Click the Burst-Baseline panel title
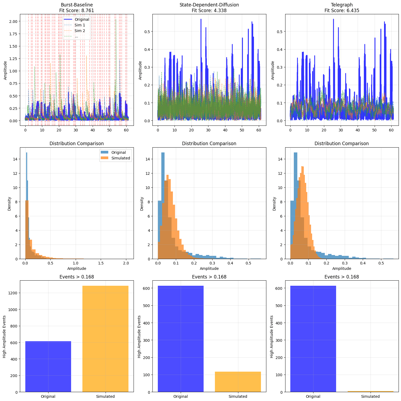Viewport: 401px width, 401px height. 77,5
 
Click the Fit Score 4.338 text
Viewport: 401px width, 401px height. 209,11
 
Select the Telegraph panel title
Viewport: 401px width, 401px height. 342,5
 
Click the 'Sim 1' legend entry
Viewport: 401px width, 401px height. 80,25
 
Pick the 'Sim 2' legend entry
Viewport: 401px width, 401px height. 80,31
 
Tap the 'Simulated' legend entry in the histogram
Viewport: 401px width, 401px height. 121,158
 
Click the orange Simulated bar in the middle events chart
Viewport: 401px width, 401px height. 238,382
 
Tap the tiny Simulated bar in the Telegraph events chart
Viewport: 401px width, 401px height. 370,391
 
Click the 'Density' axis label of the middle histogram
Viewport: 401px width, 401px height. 142,203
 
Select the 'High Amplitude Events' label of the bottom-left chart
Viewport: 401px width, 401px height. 5,336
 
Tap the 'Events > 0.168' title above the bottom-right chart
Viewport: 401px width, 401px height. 342,277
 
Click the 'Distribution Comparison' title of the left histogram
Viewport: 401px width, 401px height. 77,144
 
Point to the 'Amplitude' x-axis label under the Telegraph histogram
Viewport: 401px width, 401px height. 342,269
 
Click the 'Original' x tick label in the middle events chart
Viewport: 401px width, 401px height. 181,396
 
